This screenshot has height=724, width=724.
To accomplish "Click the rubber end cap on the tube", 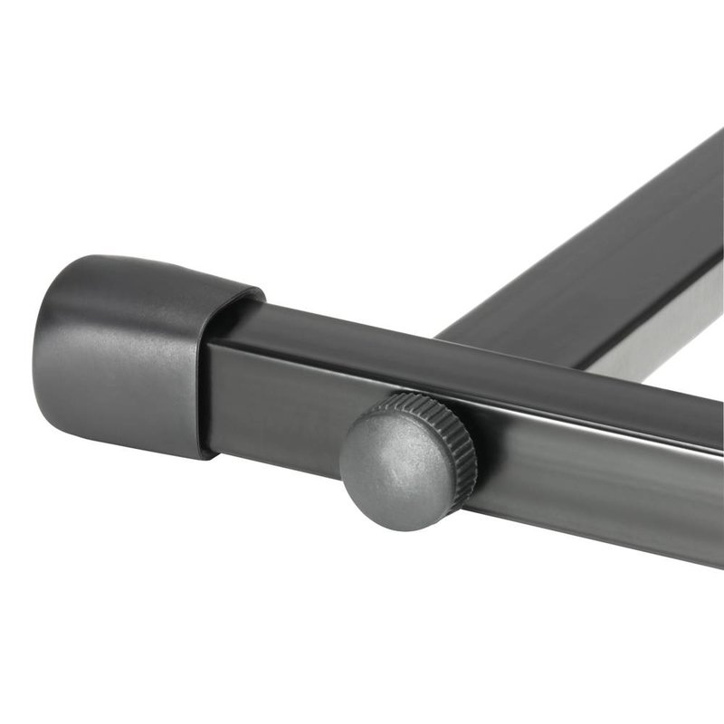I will [136, 353].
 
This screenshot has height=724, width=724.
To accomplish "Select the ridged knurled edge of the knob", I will [457, 434].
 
